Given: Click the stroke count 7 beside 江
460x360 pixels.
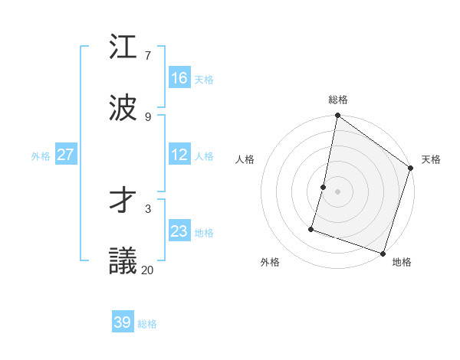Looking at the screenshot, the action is (147, 55).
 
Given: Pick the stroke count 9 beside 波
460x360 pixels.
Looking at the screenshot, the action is (147, 116).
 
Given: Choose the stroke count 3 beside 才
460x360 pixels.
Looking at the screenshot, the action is (147, 208).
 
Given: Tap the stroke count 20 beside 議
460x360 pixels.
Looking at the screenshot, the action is (147, 270).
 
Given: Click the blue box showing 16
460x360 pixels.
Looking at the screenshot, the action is (179, 78).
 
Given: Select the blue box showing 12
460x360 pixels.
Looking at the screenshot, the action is (179, 155).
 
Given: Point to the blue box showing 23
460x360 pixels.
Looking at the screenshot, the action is (179, 231).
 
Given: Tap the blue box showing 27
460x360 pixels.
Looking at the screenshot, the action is (66, 155).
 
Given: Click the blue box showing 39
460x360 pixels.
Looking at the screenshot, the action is (123, 322).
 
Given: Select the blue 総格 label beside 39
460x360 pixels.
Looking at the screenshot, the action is (147, 324).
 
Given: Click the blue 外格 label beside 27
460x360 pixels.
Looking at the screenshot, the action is (41, 156).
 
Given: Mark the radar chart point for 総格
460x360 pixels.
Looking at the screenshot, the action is (337, 116).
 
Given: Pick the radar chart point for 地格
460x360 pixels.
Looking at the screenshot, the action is (383, 252).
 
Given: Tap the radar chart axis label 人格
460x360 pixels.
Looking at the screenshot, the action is (245, 160).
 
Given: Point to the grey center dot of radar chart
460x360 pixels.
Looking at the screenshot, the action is (337, 191).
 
